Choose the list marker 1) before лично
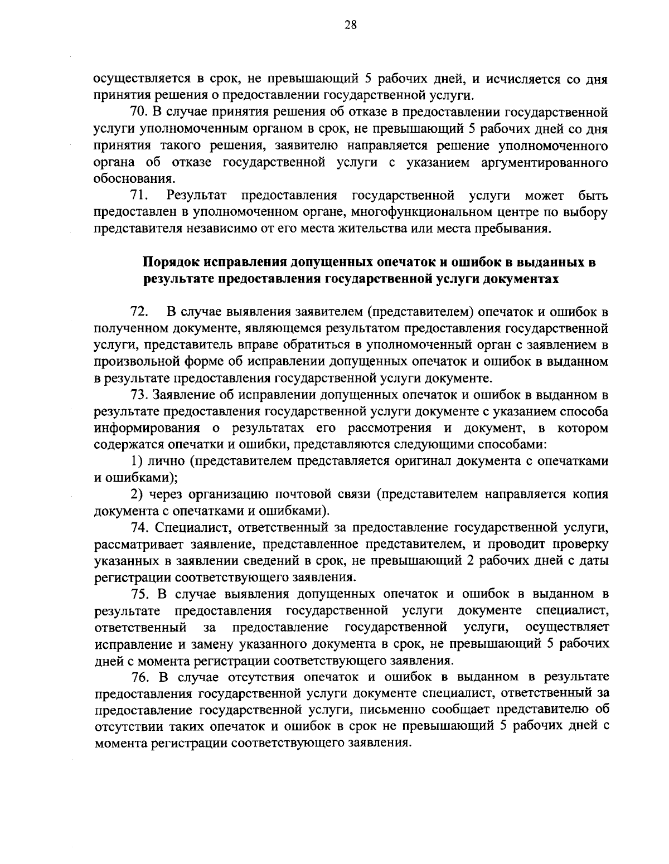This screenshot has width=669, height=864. (136, 461)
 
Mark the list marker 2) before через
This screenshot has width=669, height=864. (136, 494)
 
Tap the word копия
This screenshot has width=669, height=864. (590, 494)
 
